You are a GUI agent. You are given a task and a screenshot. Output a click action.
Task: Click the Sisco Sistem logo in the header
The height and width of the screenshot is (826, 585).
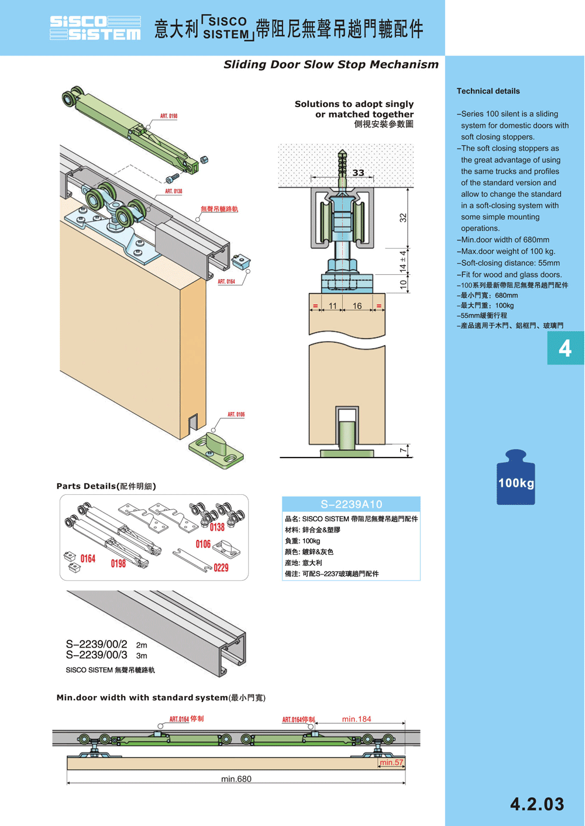click(95, 28)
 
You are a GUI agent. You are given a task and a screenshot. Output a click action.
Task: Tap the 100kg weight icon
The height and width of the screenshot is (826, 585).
click(515, 478)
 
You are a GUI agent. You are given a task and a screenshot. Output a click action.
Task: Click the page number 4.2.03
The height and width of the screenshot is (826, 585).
click(537, 804)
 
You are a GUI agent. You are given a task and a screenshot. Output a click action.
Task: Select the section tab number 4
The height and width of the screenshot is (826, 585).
click(565, 349)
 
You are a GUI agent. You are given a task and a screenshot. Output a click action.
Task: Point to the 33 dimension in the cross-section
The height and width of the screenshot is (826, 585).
click(358, 173)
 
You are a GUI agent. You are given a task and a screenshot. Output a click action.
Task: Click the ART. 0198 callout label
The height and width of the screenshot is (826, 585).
click(168, 116)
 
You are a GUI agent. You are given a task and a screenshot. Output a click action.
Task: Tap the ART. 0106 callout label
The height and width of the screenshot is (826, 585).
click(236, 415)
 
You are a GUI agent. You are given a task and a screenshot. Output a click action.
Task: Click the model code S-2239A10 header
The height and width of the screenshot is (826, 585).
click(351, 504)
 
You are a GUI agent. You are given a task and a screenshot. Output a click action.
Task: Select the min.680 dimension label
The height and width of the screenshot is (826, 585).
click(236, 779)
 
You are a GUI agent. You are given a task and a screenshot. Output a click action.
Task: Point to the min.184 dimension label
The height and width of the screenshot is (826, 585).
click(356, 719)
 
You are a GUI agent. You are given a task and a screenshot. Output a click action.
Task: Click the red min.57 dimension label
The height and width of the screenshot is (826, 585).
click(391, 762)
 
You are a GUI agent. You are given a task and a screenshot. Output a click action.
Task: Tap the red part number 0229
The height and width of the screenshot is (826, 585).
click(221, 568)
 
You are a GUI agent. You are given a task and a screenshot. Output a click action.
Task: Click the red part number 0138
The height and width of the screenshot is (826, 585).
click(217, 527)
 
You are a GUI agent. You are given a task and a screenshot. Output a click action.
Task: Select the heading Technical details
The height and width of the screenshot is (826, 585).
click(488, 91)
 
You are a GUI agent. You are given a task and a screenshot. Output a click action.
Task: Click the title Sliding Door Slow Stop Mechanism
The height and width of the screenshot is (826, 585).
click(331, 64)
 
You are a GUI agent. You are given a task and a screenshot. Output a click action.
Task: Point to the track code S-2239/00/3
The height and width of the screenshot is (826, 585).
click(97, 655)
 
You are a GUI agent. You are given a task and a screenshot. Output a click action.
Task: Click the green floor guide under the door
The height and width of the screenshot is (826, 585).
click(216, 450)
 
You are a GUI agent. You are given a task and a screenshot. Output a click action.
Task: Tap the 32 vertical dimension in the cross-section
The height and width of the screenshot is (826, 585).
click(402, 218)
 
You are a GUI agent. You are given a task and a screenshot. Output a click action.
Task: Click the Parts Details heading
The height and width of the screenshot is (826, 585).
click(106, 486)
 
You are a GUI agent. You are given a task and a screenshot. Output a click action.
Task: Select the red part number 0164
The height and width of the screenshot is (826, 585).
click(88, 559)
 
